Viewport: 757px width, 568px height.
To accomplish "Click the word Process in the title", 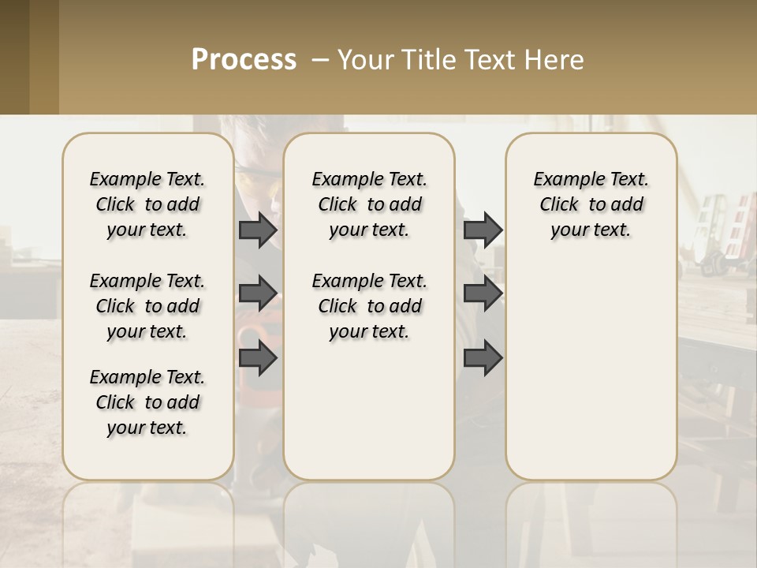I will click(x=244, y=60).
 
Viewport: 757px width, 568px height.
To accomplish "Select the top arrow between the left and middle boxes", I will click(x=258, y=230).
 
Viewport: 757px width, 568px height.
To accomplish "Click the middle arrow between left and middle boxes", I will click(x=258, y=293).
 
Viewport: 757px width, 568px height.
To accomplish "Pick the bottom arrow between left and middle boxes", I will click(x=258, y=358).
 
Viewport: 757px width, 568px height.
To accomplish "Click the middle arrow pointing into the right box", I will click(x=483, y=293).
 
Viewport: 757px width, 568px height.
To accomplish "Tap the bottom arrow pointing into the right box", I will click(x=483, y=358).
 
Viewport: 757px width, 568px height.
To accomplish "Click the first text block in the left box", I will click(x=147, y=204).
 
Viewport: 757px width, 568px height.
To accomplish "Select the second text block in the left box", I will click(x=147, y=306).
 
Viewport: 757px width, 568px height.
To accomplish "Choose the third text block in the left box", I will click(x=147, y=402).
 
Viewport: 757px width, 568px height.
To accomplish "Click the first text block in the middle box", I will click(x=369, y=204).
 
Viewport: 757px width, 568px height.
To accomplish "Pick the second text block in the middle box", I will click(x=369, y=306).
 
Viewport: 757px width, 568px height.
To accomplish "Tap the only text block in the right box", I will click(x=591, y=204).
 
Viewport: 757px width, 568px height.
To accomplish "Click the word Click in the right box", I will click(x=559, y=205).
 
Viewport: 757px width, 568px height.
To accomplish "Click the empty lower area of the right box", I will click(x=591, y=371).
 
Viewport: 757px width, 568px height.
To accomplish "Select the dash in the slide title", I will click(x=320, y=60).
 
